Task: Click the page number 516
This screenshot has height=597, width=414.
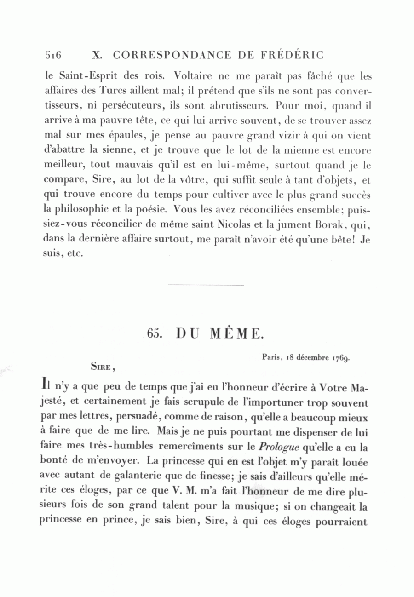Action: click(53, 55)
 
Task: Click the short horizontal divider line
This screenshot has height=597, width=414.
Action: click(206, 285)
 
